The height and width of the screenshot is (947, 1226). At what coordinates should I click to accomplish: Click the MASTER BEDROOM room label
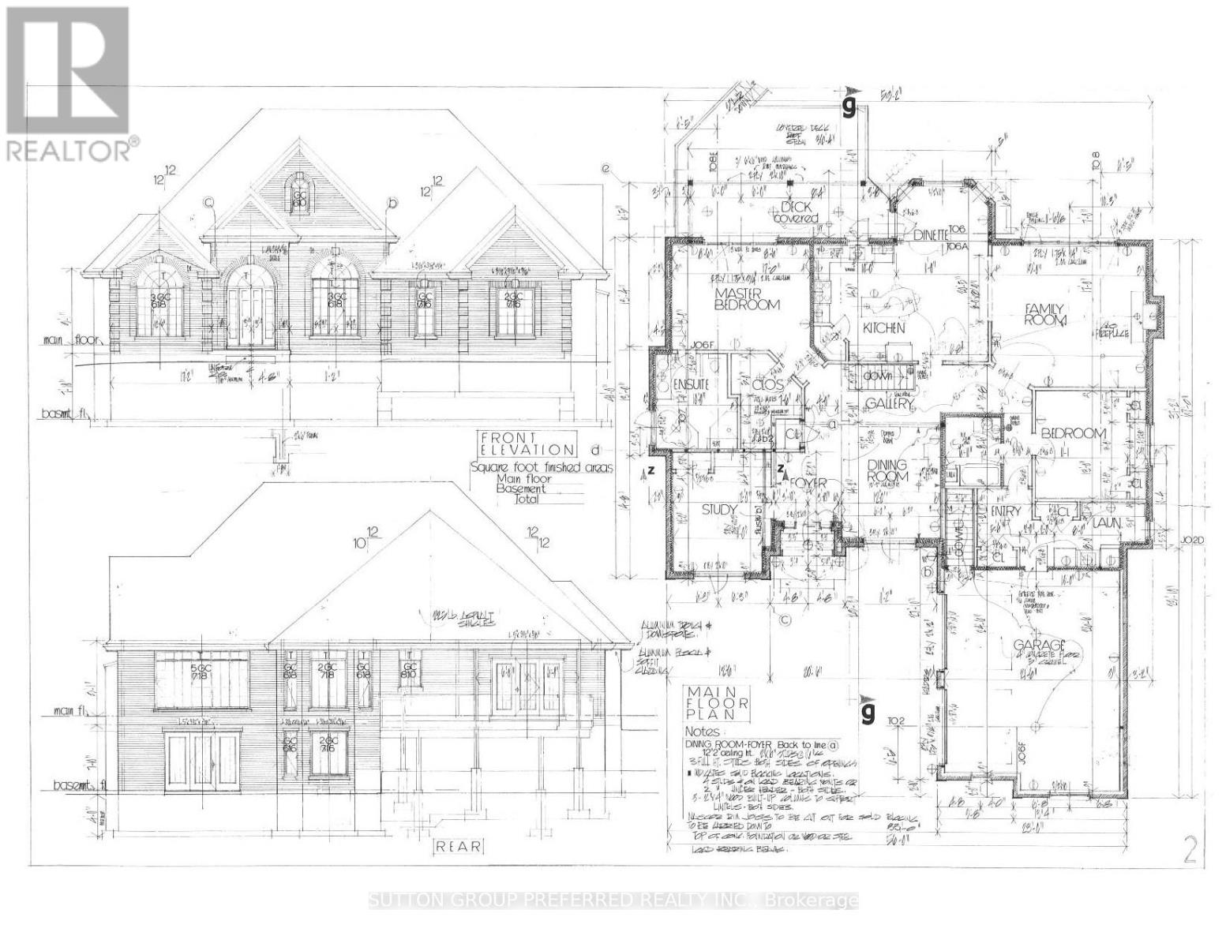click(x=747, y=298)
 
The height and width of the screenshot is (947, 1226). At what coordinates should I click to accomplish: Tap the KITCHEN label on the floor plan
click(x=883, y=328)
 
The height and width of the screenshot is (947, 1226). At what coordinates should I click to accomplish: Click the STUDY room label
click(x=719, y=510)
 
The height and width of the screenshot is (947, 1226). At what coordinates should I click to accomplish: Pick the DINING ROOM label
click(x=888, y=471)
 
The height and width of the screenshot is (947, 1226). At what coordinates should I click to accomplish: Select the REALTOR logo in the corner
click(x=68, y=83)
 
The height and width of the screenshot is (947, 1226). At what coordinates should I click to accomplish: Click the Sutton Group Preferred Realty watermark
click(x=613, y=900)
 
